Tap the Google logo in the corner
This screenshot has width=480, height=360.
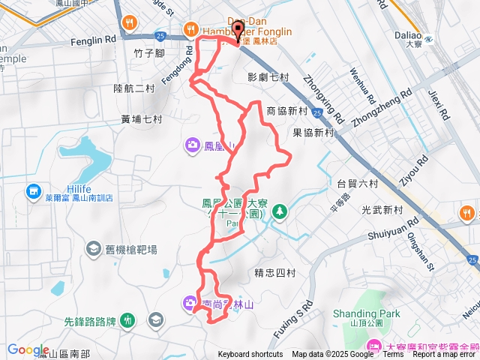point(28,349)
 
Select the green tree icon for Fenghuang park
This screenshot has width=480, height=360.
point(279,212)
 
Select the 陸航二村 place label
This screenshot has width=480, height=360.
point(133,88)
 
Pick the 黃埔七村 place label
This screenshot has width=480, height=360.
point(141,119)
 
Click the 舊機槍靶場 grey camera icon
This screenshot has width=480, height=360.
point(93,249)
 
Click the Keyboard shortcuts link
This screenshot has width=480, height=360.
point(250,355)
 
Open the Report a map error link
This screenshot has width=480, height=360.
point(442,355)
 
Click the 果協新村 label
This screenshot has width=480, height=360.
point(313,132)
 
